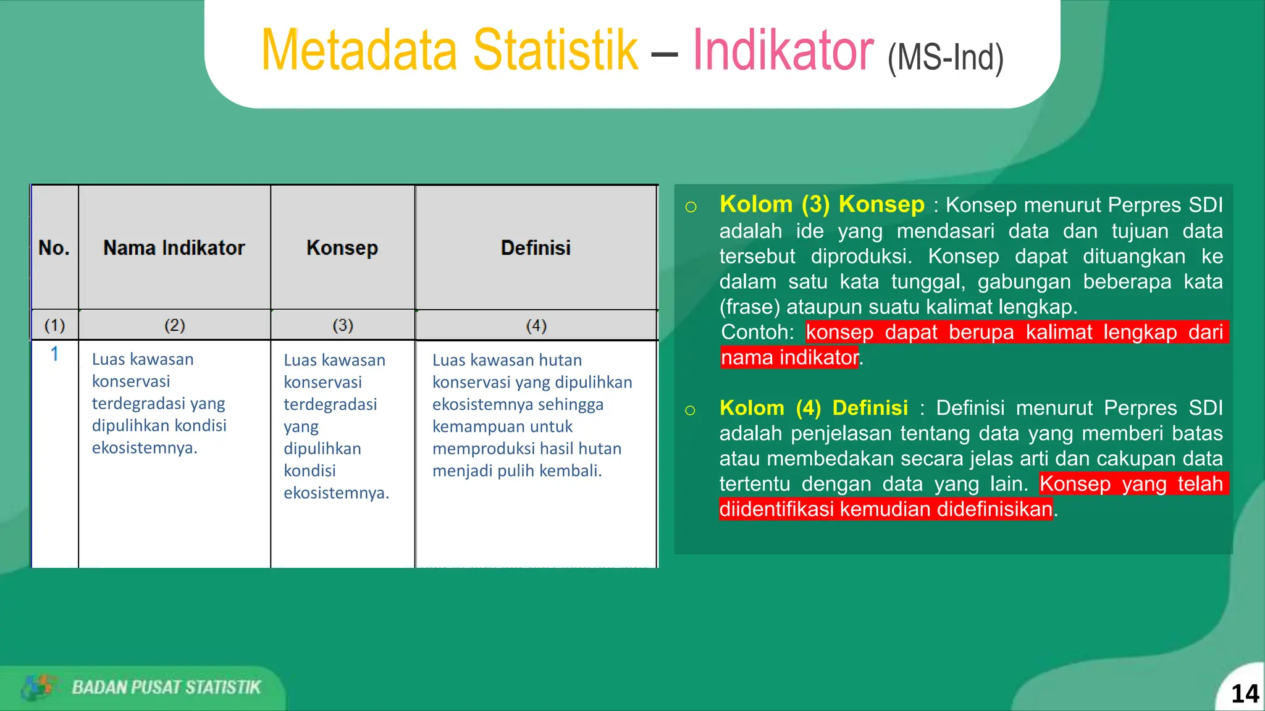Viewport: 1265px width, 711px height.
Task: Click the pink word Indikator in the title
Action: [783, 51]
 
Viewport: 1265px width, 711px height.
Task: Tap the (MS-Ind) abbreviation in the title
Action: [945, 58]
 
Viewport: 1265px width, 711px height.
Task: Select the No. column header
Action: [54, 248]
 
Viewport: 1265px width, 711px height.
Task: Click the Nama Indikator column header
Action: [174, 248]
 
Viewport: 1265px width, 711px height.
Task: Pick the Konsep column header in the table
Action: [342, 248]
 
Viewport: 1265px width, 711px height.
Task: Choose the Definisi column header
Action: [536, 248]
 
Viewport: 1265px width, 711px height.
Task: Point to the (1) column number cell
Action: [54, 325]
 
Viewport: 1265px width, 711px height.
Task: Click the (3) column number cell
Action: [342, 325]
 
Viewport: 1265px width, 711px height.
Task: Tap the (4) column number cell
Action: [536, 325]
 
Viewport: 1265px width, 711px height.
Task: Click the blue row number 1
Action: [54, 354]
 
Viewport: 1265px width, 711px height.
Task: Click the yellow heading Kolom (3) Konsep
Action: [822, 204]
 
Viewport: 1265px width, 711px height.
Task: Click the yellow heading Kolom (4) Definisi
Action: [813, 408]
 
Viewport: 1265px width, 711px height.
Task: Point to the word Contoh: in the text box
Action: [757, 332]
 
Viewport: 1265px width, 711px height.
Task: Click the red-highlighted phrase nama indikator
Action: [789, 357]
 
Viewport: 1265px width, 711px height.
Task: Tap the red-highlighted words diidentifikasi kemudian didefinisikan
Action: [885, 509]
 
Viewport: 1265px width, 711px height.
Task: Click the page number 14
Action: [1244, 694]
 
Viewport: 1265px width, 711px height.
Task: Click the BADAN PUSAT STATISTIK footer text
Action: [166, 688]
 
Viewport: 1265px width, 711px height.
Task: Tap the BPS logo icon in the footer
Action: [38, 687]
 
